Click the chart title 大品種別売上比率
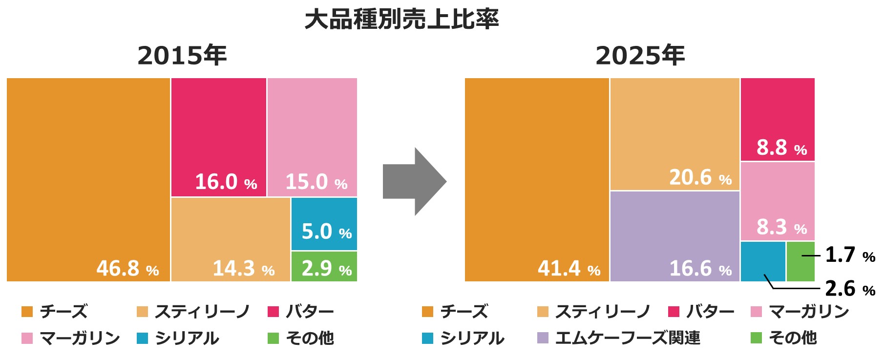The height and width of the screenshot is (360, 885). click(401, 20)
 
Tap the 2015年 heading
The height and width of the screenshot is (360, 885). click(182, 55)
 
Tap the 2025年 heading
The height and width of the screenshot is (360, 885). click(640, 55)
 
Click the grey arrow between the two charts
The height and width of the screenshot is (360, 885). click(414, 182)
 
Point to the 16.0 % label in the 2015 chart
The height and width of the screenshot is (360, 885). click(226, 182)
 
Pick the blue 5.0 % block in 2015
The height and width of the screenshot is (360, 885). click(324, 224)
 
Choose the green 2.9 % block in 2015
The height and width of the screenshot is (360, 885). click(324, 266)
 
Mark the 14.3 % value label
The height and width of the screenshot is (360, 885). click(243, 268)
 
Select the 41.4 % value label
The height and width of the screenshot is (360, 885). click(569, 268)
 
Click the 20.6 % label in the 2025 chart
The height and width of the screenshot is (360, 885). click(700, 177)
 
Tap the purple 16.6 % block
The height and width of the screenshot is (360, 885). click(675, 236)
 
